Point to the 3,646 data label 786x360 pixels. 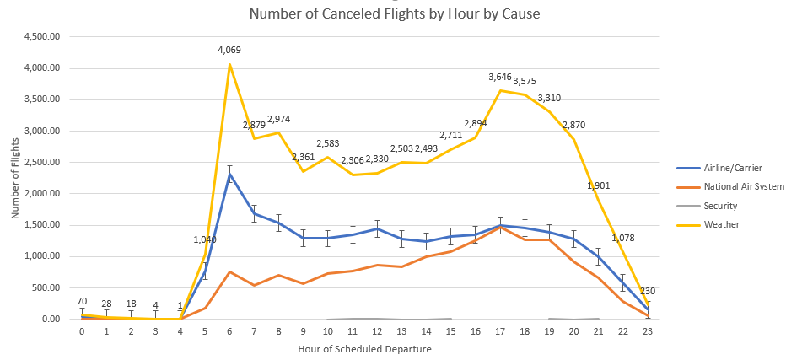[500, 78]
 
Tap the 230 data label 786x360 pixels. [648, 291]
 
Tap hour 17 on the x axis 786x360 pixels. [500, 331]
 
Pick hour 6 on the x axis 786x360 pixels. [229, 331]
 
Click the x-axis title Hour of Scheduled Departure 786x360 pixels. [365, 347]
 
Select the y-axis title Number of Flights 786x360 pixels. [15, 178]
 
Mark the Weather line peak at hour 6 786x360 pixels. [229, 64]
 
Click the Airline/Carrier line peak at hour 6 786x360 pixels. [229, 174]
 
